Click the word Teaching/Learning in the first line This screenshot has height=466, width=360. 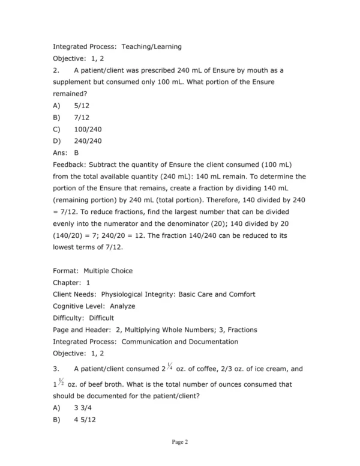point(152,46)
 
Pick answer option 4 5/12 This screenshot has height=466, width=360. point(85,419)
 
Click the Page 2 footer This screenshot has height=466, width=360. point(180,443)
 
